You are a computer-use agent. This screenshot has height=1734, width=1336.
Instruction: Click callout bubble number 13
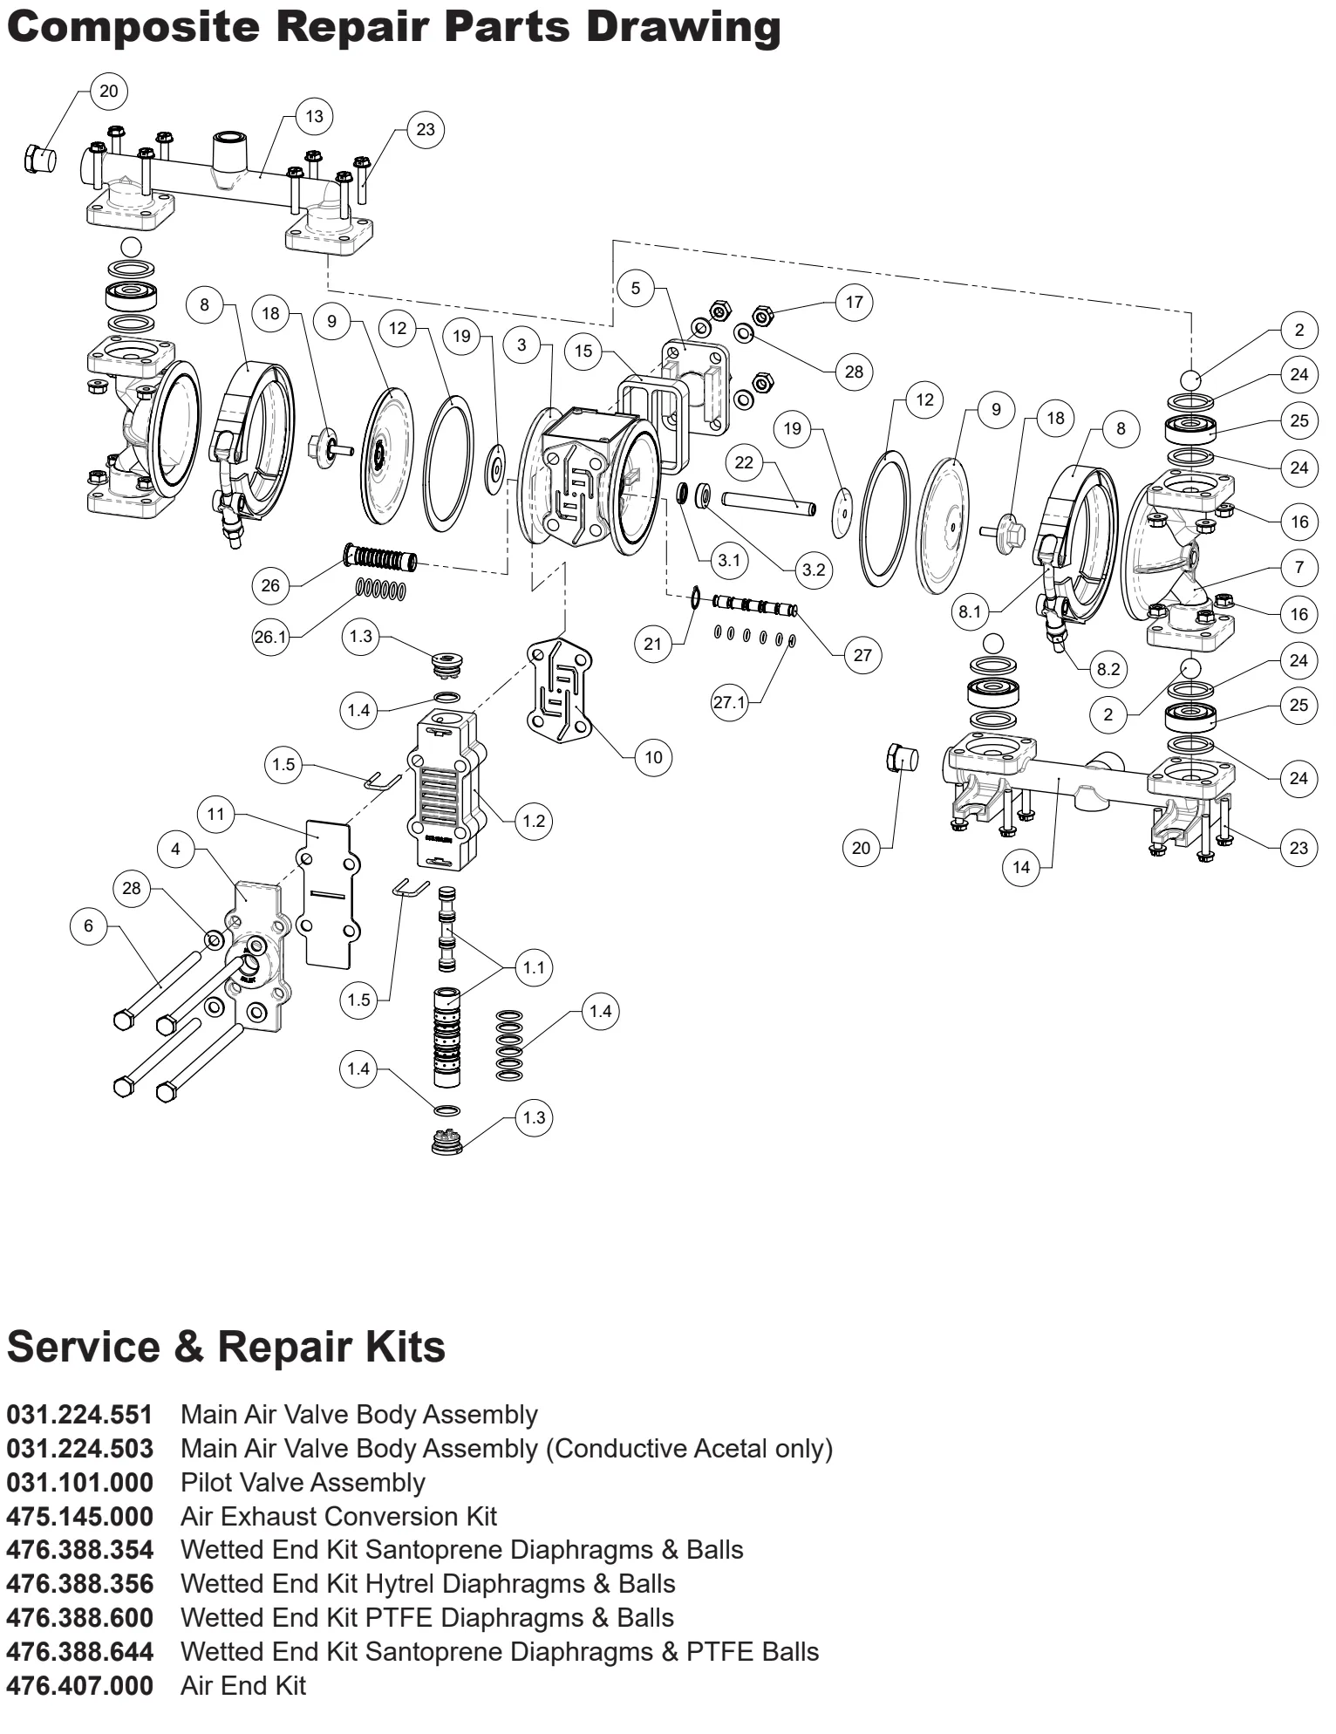[x=314, y=116]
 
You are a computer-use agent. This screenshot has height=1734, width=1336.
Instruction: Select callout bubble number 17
[x=854, y=302]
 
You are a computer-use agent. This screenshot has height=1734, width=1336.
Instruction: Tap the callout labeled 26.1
[x=270, y=637]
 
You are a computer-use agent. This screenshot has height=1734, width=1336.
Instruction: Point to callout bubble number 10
[x=653, y=757]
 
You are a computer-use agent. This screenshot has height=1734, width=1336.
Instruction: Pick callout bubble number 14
[x=1021, y=866]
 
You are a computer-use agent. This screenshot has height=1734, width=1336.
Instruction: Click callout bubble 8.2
[x=1108, y=669]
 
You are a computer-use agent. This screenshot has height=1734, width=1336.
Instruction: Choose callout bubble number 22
[x=743, y=461]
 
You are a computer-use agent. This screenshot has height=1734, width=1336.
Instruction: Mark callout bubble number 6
[x=88, y=925]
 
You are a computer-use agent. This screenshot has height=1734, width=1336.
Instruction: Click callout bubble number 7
[x=1299, y=568]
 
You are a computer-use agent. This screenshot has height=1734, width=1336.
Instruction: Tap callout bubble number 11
[x=216, y=815]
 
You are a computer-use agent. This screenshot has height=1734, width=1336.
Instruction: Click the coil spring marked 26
[x=382, y=558]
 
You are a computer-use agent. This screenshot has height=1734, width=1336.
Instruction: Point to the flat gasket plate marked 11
[x=327, y=894]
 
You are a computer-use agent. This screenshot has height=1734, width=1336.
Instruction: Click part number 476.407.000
[x=79, y=1686]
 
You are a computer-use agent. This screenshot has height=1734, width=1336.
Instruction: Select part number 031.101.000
[x=79, y=1482]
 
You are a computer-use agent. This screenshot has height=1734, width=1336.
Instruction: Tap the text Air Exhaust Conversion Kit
[x=338, y=1516]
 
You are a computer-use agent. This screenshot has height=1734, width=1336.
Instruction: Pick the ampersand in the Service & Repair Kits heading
[x=189, y=1347]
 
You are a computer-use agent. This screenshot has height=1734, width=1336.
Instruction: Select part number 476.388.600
[x=79, y=1618]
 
